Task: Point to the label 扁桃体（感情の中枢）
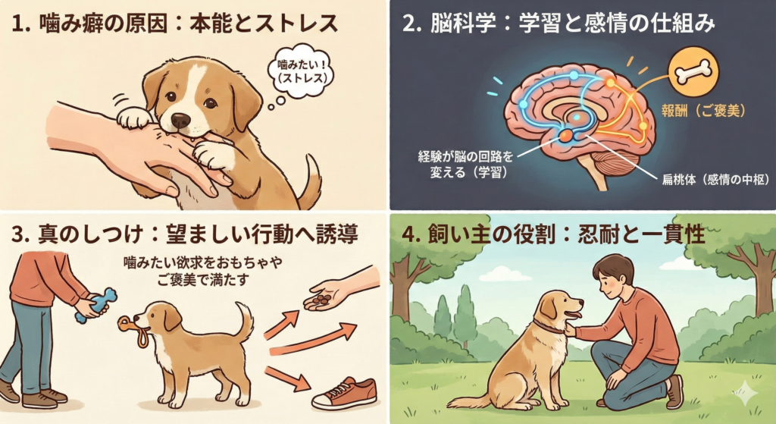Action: [x=715, y=179]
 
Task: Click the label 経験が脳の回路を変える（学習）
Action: [x=465, y=165]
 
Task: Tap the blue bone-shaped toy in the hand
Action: [x=96, y=305]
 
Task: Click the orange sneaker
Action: [x=345, y=392]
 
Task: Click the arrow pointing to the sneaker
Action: [x=288, y=379]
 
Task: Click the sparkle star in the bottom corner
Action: [x=746, y=394]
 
